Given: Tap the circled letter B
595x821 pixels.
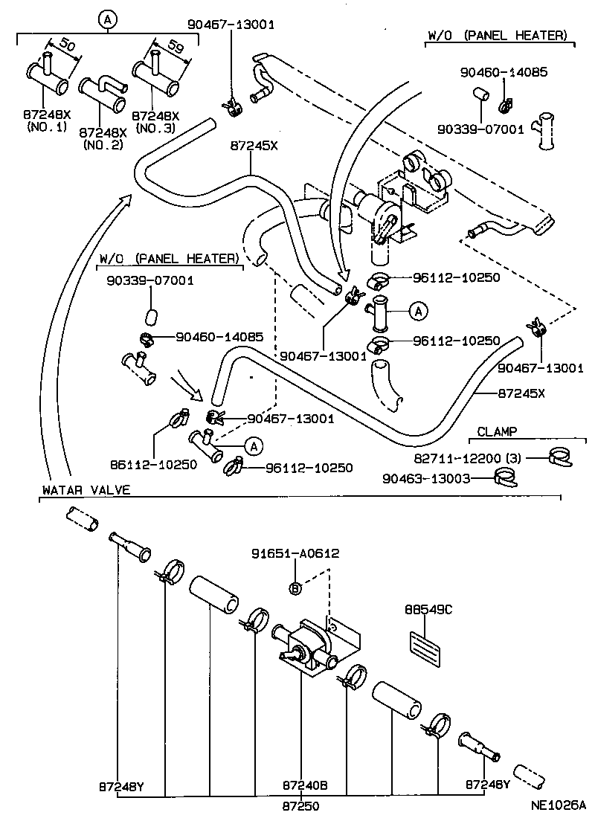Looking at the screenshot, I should tap(295, 587).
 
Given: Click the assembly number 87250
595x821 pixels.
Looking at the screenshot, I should tap(304, 805).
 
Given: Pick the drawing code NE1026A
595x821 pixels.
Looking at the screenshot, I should tap(559, 805).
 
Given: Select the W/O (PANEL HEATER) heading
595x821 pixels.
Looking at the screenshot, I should tap(497, 35).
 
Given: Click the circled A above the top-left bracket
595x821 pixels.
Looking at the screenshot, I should tap(108, 20).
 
